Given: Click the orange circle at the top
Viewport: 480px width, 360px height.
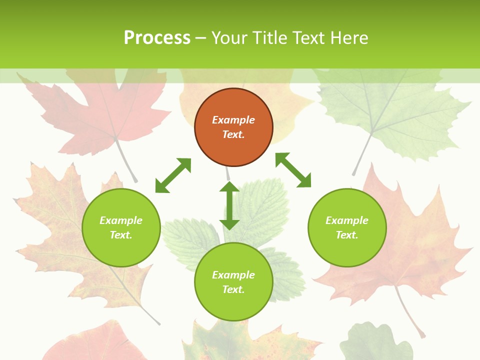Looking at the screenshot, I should pyautogui.click(x=233, y=127).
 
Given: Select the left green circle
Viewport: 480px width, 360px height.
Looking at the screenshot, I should pyautogui.click(x=121, y=227).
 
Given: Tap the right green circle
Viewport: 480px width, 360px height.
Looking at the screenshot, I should pyautogui.click(x=347, y=227).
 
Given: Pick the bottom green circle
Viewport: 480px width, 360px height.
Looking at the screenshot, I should pyautogui.click(x=233, y=282).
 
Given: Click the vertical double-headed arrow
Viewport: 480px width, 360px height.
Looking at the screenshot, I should pyautogui.click(x=229, y=205).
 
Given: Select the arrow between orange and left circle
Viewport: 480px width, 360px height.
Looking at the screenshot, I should pyautogui.click(x=173, y=175).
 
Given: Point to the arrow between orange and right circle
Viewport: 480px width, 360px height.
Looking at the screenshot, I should pyautogui.click(x=293, y=170).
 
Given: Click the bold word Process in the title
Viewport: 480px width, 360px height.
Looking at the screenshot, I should pyautogui.click(x=157, y=37).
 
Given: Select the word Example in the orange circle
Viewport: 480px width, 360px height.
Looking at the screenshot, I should pyautogui.click(x=233, y=120).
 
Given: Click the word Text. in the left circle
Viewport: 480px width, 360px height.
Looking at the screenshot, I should pyautogui.click(x=121, y=235).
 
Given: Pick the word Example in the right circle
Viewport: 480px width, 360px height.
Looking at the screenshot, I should pyautogui.click(x=347, y=220).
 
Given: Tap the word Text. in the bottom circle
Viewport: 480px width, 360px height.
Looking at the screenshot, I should pyautogui.click(x=233, y=289).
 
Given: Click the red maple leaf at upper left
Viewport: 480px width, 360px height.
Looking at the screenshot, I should pyautogui.click(x=100, y=112).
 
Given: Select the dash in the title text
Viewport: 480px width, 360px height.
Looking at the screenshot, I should pyautogui.click(x=200, y=38).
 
